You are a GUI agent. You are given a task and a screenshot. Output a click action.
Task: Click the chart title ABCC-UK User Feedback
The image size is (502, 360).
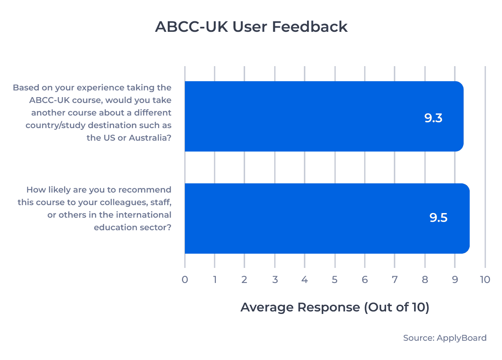(251, 27)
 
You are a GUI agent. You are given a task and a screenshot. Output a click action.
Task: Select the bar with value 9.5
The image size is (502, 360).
(327, 218)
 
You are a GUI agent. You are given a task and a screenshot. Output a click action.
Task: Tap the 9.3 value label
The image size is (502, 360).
(433, 118)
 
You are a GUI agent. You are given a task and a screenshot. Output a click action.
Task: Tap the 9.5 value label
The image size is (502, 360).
(438, 218)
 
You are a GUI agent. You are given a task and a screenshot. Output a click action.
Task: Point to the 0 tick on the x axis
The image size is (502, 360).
(185, 280)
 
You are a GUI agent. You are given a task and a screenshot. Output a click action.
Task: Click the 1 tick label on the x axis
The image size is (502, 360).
(215, 280)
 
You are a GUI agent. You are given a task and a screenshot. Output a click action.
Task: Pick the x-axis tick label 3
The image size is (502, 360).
(275, 280)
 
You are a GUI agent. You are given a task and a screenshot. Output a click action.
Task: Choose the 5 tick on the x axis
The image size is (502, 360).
(335, 280)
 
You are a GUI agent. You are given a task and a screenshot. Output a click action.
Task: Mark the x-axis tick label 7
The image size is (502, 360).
(395, 280)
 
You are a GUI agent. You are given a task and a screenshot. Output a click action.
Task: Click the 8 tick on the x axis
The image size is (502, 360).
(425, 280)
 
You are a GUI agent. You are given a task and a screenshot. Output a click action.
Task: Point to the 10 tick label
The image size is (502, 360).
(485, 280)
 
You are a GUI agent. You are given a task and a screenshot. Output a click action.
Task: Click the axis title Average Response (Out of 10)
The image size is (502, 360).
(335, 307)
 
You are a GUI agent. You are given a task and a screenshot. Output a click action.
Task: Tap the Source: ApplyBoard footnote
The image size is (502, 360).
(445, 338)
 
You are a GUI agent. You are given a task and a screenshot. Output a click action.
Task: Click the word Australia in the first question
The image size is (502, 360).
(147, 138)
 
